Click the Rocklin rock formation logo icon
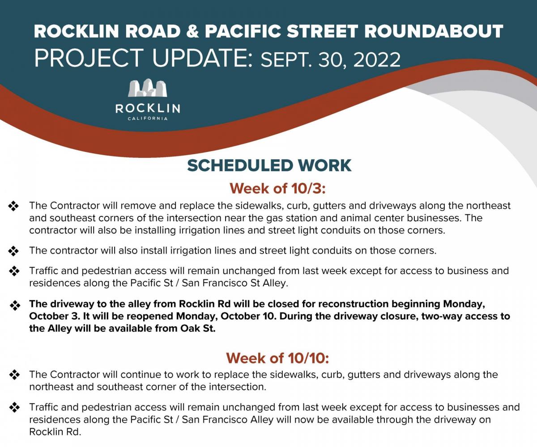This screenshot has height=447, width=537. pos(148,88)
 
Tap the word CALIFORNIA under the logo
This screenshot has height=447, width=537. pos(148,119)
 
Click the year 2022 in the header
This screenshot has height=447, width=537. pos(377,60)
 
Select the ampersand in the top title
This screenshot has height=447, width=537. pos(192,31)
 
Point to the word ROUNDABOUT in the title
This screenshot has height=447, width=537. pos(434,31)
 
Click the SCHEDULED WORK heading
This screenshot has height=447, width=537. pos(269,165)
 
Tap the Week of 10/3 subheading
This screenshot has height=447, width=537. pos(277,189)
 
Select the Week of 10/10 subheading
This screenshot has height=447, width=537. pos(277,358)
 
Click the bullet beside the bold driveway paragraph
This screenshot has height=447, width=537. pos(15,305)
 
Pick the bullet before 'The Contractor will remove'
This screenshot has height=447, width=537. pos(13,206)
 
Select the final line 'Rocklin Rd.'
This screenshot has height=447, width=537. pos(55,432)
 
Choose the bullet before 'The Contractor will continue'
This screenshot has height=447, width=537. pos(14,375)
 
